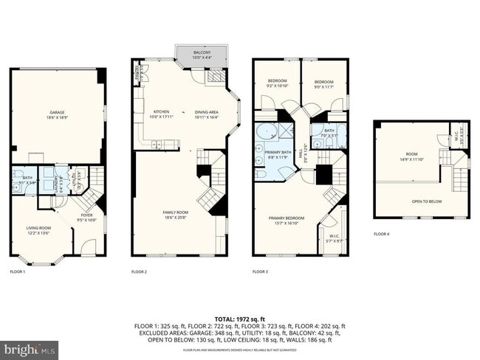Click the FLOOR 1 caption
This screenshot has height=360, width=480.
pos(17,271)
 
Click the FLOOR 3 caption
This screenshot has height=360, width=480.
pos(260,271)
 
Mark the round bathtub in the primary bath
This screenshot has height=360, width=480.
pos(265,134)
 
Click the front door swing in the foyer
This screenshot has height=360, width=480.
pos(88,246)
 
